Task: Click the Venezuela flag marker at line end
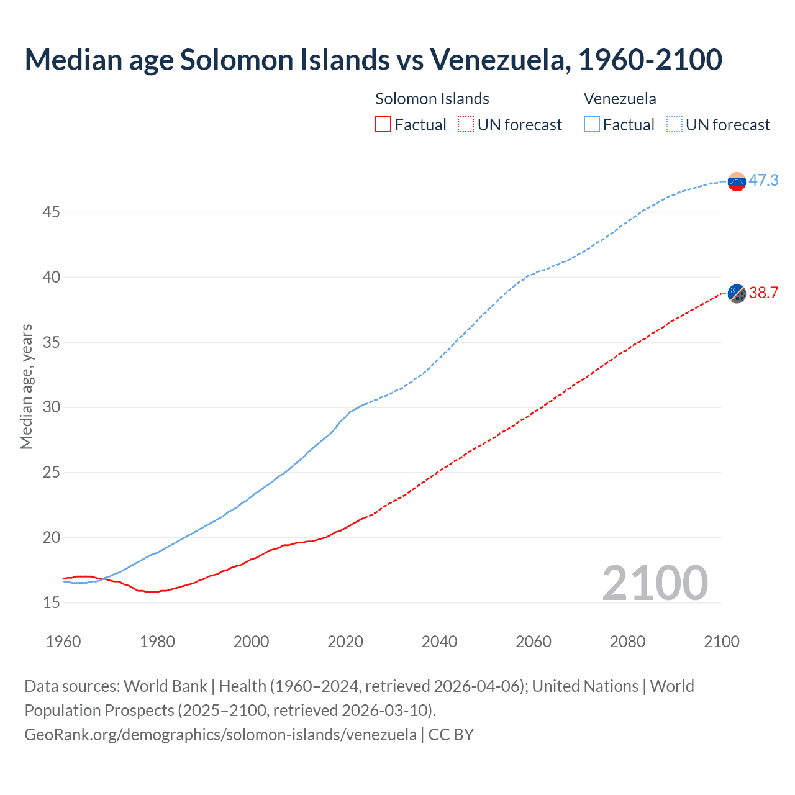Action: [x=737, y=181]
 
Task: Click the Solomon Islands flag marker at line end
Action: [x=737, y=293]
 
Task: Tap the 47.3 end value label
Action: [x=763, y=180]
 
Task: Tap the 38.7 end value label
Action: [x=763, y=293]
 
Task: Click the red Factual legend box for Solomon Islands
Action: [x=383, y=125]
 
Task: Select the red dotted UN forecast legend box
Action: [x=466, y=125]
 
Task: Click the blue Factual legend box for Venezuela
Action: [x=592, y=125]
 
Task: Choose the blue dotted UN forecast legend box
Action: [x=675, y=125]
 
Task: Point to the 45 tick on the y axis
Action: [x=51, y=212]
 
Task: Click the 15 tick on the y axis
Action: [x=51, y=602]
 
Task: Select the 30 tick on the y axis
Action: [x=51, y=407]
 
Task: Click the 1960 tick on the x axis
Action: [x=63, y=642]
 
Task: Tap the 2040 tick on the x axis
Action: [x=439, y=642]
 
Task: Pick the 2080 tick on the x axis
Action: [x=627, y=642]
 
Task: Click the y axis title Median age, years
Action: [x=26, y=386]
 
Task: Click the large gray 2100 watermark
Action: [x=655, y=583]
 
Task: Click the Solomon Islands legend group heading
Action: [x=432, y=99]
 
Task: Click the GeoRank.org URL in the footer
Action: [x=220, y=735]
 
